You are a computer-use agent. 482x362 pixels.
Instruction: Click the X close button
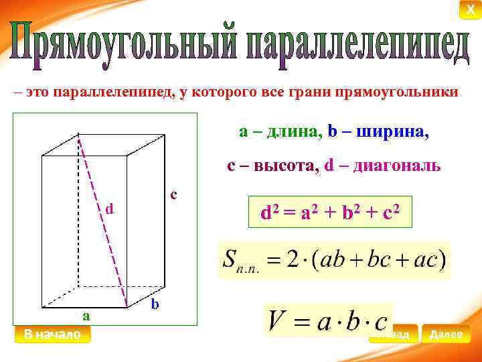click(471, 9)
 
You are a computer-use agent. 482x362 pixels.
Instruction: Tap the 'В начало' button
click(52, 334)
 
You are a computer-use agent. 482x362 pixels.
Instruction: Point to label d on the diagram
click(110, 209)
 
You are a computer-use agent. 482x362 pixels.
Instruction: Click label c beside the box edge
click(173, 194)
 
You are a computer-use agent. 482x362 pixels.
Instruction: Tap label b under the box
click(155, 304)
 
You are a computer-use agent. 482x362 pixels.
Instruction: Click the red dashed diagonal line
click(104, 221)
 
